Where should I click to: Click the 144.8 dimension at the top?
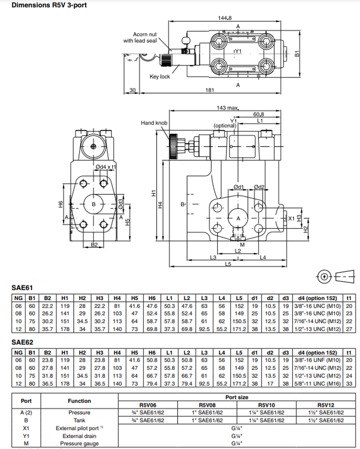pos(224,18)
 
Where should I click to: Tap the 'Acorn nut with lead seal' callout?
pos(140,38)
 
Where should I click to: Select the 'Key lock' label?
pos(160,77)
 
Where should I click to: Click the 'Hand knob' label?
pos(154,123)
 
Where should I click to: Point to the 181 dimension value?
pos(209,90)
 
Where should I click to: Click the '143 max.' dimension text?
pos(227,108)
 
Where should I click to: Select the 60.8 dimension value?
pos(258,114)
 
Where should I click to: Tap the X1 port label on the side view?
pos(291,218)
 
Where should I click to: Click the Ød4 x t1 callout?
pos(105,167)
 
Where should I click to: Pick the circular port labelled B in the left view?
pos(94,204)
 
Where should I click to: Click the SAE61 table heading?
pos(22,288)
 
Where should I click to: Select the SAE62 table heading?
pos(22,342)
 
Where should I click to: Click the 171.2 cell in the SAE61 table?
pos(239,329)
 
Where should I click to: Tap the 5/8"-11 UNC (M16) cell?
pos(317,384)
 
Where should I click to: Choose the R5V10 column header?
pos(266,405)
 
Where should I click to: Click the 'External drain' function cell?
pos(79,436)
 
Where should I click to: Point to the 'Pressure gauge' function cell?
pos(79,443)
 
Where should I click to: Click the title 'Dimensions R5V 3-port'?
pos(49,5)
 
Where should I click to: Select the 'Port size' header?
pos(237,397)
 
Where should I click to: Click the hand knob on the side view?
pos(173,146)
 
